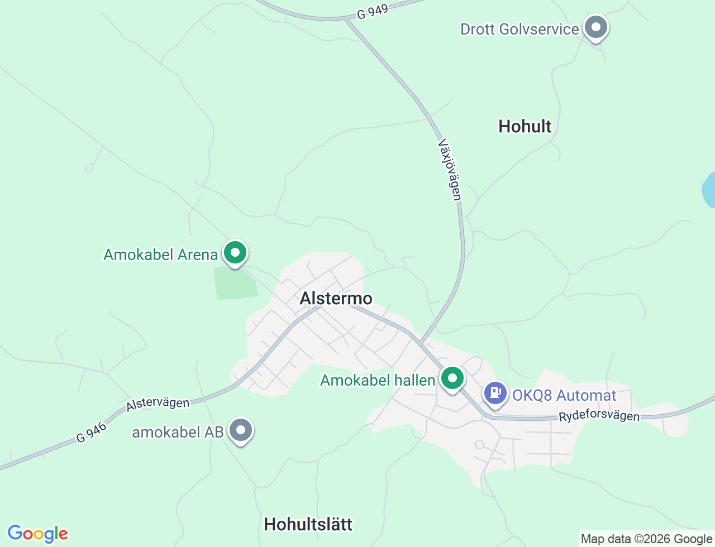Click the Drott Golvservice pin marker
596,27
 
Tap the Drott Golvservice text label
519,29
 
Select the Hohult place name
525,126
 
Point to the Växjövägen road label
450,170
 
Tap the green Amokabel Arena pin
235,253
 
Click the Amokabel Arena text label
161,255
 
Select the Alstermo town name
336,298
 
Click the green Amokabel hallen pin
452,378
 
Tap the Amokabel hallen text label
378,380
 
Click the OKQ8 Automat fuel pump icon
495,393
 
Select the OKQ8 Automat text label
564,395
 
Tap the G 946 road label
91,433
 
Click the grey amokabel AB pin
241,430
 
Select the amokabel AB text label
178,432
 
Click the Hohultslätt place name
308,524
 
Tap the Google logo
37,534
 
